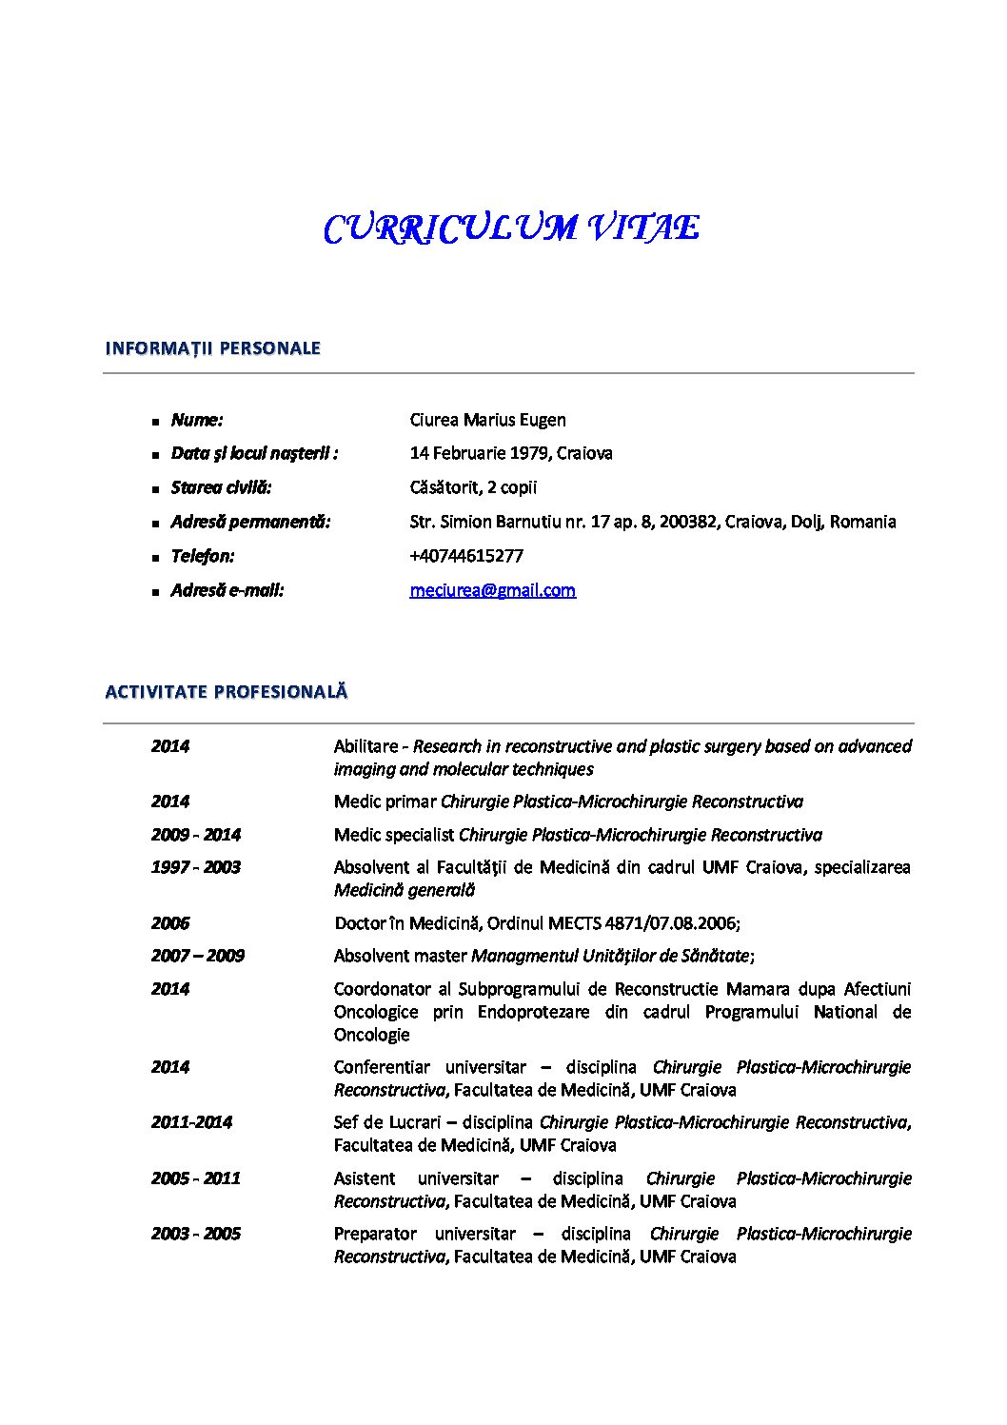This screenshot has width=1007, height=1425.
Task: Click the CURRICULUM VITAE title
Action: pyautogui.click(x=511, y=228)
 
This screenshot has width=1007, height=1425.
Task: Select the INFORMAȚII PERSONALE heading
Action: pyautogui.click(x=212, y=348)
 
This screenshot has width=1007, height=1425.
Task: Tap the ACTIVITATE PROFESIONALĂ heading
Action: pyautogui.click(x=227, y=692)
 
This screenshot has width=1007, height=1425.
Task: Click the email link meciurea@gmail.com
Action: pyautogui.click(x=492, y=590)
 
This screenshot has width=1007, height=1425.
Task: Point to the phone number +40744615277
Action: pyautogui.click(x=466, y=556)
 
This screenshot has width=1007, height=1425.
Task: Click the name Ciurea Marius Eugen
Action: pyautogui.click(x=487, y=420)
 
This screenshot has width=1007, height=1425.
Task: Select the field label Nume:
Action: pyautogui.click(x=197, y=420)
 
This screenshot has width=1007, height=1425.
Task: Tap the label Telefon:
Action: pyautogui.click(x=202, y=556)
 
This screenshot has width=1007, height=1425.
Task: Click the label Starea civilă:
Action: pyautogui.click(x=221, y=487)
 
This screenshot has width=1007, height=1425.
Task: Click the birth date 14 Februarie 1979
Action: pyautogui.click(x=479, y=453)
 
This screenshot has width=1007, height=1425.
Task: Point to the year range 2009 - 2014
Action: pyautogui.click(x=195, y=835)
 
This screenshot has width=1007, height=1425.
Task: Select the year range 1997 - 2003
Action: pyautogui.click(x=195, y=867)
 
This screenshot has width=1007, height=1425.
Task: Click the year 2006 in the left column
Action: pyautogui.click(x=170, y=923)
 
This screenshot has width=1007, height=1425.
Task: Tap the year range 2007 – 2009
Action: pyautogui.click(x=197, y=956)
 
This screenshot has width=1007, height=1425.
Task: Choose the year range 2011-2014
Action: pyautogui.click(x=191, y=1122)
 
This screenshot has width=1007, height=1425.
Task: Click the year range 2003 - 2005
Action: pyautogui.click(x=195, y=1234)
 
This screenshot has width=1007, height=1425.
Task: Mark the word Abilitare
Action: pyautogui.click(x=366, y=746)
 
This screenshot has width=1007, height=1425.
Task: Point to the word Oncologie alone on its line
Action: pyautogui.click(x=371, y=1035)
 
